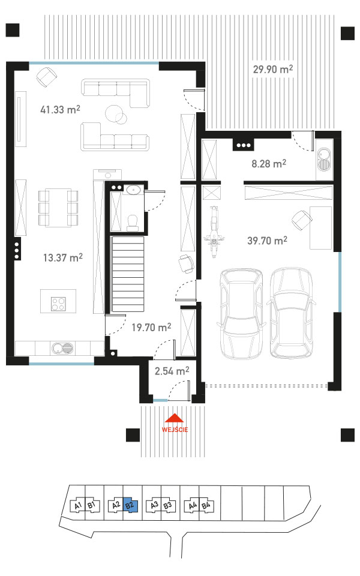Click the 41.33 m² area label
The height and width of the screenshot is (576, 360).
point(60,109)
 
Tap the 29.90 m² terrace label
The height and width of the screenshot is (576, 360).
point(273,68)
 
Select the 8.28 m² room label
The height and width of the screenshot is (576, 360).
point(269,163)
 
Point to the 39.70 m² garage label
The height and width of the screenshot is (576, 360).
point(268,241)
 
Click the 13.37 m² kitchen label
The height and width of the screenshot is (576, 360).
point(63,257)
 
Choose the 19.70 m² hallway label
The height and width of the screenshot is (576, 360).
point(151,327)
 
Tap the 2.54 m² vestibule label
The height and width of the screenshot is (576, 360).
point(172,371)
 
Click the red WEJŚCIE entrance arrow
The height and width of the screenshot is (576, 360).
point(175,418)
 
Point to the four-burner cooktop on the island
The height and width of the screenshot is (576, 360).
point(58,304)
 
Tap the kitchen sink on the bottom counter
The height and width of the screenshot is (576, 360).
point(62,347)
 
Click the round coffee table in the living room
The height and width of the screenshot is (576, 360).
point(115,113)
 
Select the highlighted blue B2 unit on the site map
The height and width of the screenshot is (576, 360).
point(130,505)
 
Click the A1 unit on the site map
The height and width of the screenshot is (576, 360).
point(78,506)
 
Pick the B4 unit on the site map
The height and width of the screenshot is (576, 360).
point(206,505)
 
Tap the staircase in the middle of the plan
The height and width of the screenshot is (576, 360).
point(127,274)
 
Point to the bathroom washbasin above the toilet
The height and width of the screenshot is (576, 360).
point(133,190)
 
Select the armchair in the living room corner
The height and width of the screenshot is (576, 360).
point(47,76)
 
